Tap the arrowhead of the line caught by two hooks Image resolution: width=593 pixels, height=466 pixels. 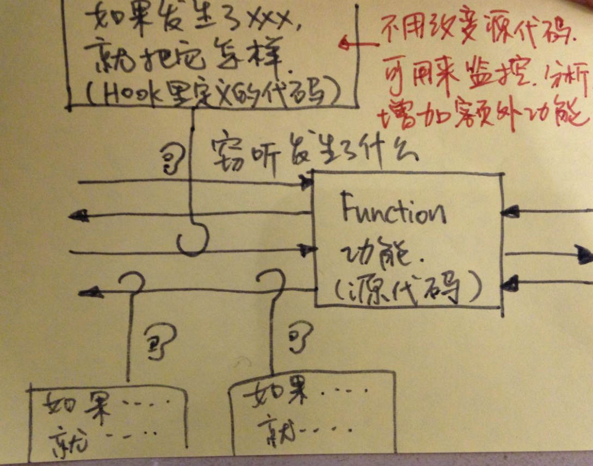click(x=90, y=292)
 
